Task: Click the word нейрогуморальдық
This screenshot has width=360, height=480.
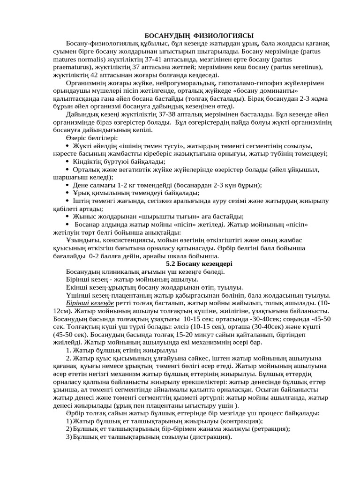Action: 154,83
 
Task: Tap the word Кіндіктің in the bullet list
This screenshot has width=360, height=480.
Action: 90,162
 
